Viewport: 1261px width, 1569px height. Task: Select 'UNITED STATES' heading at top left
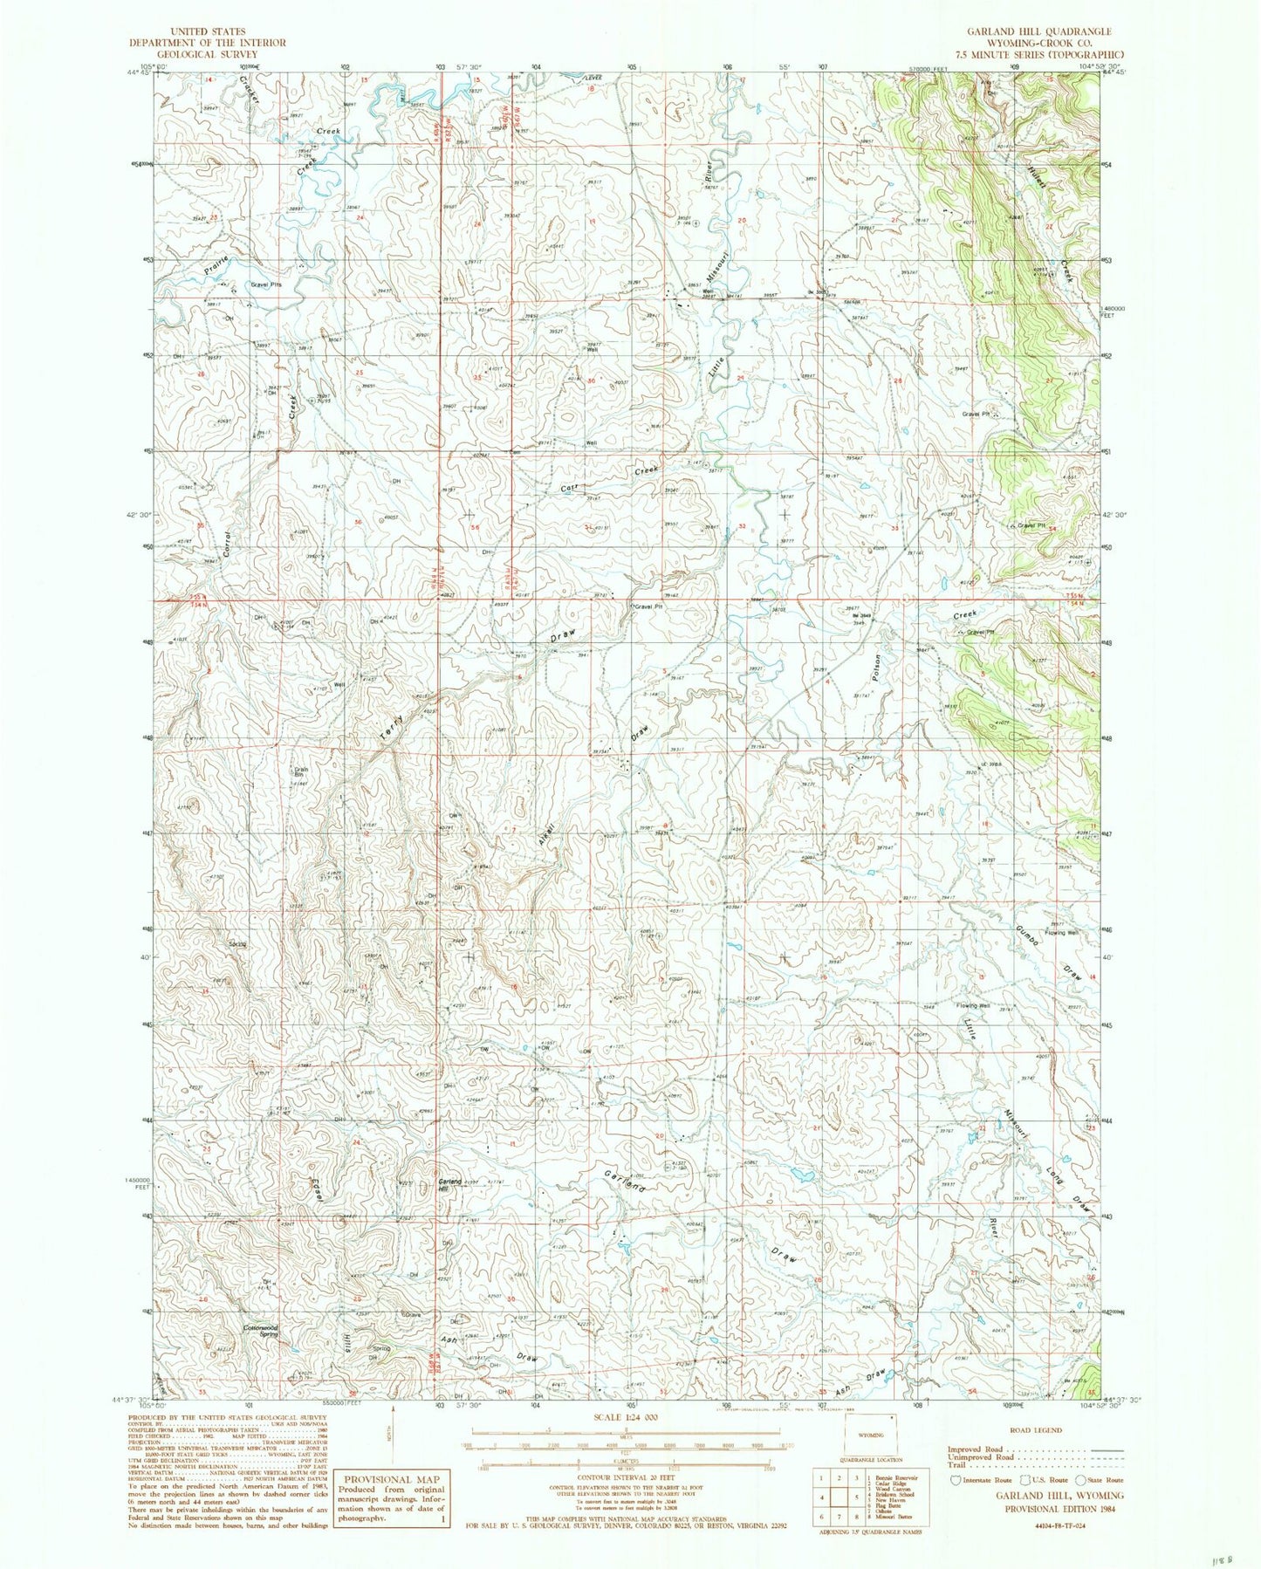tap(209, 31)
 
